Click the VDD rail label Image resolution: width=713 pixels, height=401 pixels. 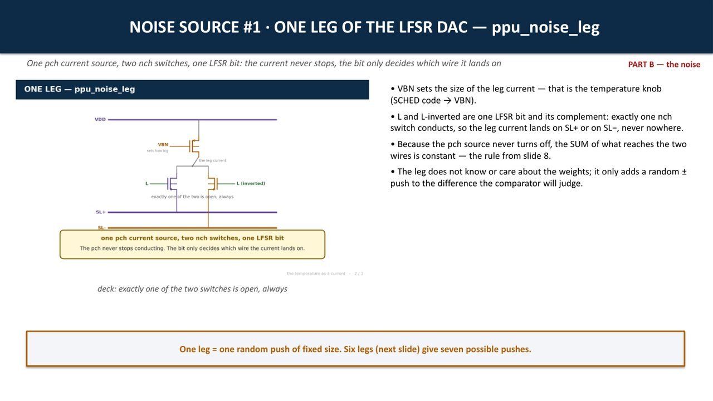(100, 119)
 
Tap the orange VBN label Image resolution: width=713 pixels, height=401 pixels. (163, 144)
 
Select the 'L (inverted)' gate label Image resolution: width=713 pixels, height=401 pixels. (251, 183)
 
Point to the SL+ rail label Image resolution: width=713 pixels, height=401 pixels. (101, 212)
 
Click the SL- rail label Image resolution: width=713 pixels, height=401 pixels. (101, 228)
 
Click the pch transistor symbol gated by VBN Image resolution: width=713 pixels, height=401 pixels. (194, 146)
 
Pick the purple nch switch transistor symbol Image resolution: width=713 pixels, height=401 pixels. (172, 184)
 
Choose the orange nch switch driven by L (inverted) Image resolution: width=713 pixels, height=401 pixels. (213, 184)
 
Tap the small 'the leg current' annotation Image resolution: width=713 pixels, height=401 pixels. (212, 160)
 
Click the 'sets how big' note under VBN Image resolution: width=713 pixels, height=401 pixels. (157, 150)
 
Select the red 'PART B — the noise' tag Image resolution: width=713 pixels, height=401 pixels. (664, 64)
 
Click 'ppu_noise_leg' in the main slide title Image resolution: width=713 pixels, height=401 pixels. (545, 27)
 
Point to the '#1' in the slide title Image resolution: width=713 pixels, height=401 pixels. (252, 27)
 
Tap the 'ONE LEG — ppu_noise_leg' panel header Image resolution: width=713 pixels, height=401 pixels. (192, 90)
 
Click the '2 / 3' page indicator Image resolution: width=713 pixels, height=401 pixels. (359, 273)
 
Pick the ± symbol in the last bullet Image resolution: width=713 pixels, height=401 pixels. (683, 172)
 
